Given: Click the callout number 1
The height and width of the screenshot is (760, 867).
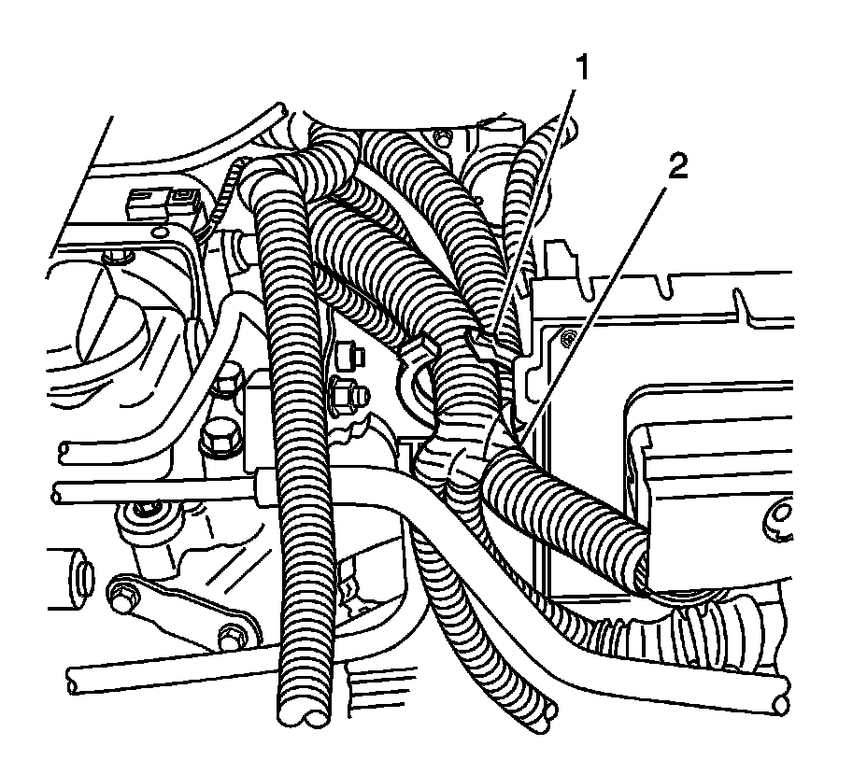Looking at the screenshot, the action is pyautogui.click(x=581, y=67).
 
